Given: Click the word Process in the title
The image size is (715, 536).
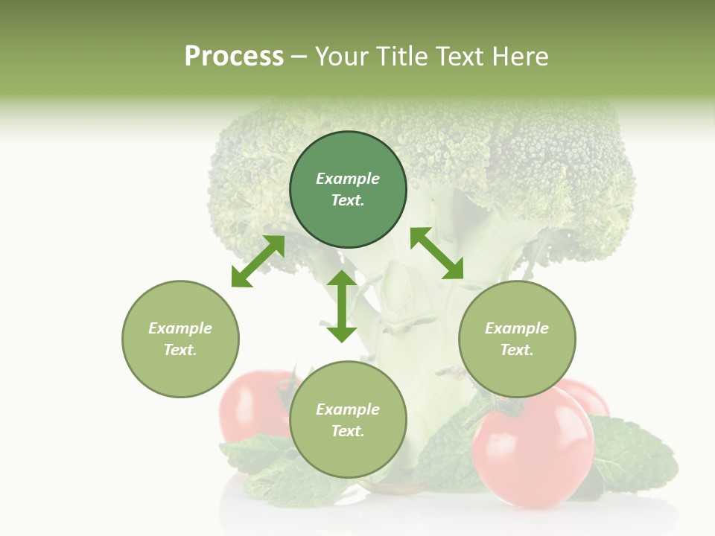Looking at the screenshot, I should tap(234, 57).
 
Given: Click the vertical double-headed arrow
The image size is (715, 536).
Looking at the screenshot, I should tap(342, 306).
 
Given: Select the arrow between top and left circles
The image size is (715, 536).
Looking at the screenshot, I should tap(258, 261).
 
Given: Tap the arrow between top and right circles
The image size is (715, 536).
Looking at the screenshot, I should tap(436, 254).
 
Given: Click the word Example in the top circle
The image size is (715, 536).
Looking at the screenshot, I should tap(348, 179).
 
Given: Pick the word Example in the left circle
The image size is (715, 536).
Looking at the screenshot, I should tap(180, 328).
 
